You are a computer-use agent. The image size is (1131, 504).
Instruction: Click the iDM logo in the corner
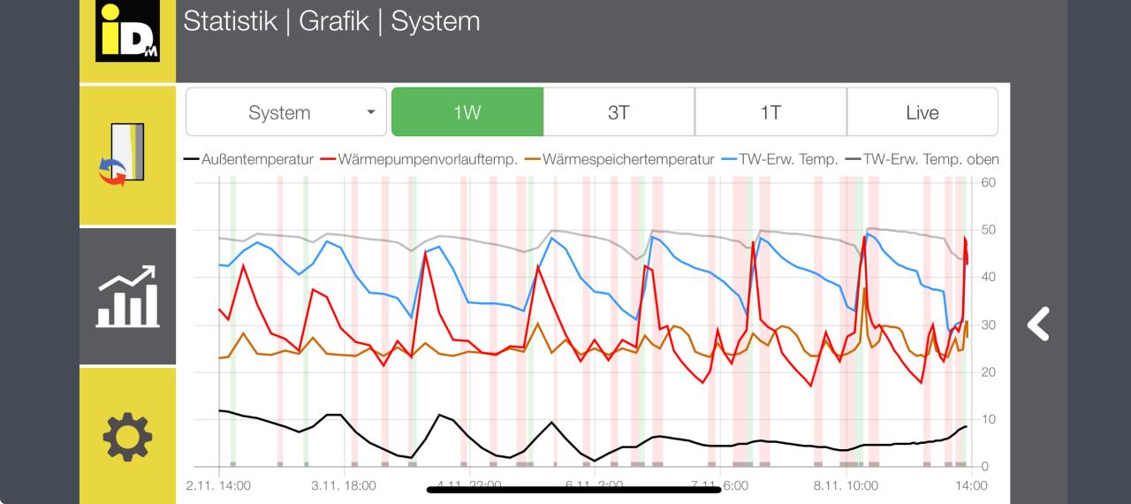(127, 33)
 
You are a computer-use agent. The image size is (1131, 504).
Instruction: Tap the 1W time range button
(467, 112)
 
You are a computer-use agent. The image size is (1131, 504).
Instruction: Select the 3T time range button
(619, 112)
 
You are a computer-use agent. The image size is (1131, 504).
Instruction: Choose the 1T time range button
(770, 112)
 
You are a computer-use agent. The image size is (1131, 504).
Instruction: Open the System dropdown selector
(285, 112)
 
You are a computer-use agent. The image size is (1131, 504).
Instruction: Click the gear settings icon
(127, 436)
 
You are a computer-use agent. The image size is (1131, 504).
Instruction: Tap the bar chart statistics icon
(127, 297)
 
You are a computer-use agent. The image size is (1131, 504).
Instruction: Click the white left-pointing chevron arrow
(1039, 325)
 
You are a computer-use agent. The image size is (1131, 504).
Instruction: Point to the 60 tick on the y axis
(988, 183)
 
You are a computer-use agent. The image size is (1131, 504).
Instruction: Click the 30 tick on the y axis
(988, 325)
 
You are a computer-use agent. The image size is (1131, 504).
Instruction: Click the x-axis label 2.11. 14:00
(218, 485)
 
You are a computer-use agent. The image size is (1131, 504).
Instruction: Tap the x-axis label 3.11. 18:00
(343, 485)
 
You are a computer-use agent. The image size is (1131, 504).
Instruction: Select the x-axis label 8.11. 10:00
(846, 485)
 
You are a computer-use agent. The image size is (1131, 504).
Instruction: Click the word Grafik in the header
(334, 21)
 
